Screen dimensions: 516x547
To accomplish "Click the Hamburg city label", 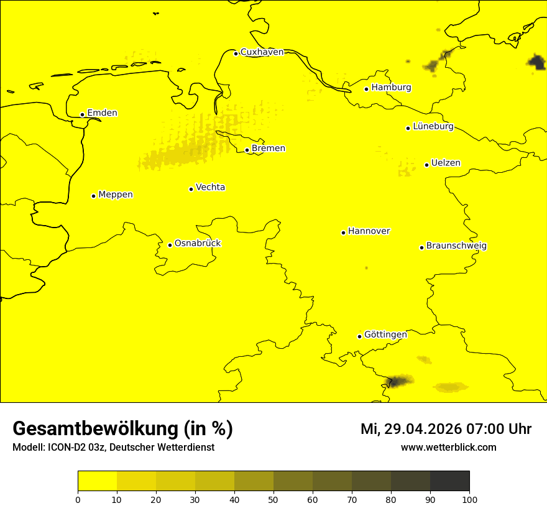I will [x=391, y=88].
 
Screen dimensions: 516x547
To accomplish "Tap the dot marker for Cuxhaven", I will [x=236, y=53].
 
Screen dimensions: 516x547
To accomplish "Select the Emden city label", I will [x=102, y=113].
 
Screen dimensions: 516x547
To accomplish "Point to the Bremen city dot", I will [x=247, y=150].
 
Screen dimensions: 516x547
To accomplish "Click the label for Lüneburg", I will [x=433, y=126].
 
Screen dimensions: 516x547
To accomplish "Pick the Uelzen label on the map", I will [x=446, y=163].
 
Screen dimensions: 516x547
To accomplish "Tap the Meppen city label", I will [x=116, y=195].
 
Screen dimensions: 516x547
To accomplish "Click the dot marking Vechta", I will [x=191, y=189].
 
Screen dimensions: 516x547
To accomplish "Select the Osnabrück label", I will [x=198, y=243].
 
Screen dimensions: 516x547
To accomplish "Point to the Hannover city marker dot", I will [x=343, y=233].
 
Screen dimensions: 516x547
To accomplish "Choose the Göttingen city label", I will [x=385, y=334].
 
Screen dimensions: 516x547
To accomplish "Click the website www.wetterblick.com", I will [x=448, y=447].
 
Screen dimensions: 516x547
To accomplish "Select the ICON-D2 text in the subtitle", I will [x=67, y=448].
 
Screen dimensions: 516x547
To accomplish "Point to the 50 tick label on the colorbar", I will [x=273, y=499].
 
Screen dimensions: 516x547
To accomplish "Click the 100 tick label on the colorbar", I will [x=469, y=499].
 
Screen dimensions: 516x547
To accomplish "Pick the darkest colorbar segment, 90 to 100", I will [x=449, y=481].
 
